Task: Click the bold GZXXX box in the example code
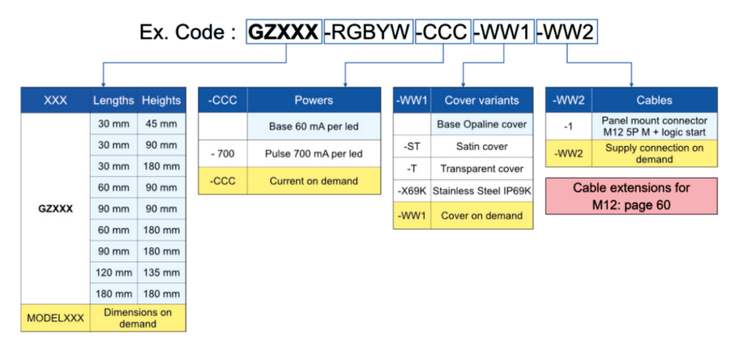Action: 283,32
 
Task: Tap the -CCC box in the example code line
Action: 441,32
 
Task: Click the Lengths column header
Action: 114,100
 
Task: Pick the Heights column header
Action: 162,100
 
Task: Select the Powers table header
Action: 314,100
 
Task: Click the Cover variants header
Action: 482,100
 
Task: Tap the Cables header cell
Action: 654,100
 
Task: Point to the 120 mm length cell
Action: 114,273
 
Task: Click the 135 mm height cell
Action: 162,273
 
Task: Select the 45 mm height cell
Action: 162,124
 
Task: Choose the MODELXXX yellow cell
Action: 56,318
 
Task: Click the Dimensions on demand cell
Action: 138,318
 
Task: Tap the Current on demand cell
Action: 314,181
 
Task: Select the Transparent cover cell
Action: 482,169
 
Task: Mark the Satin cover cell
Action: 482,146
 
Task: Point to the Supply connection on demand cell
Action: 654,154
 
